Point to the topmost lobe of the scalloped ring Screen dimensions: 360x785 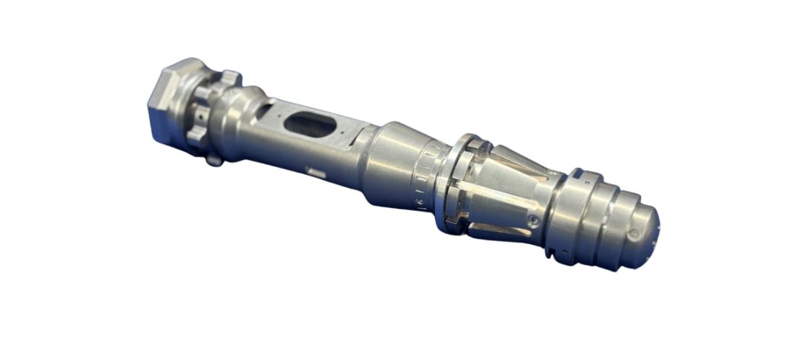click(229, 76)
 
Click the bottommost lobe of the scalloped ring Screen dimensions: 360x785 click(214, 158)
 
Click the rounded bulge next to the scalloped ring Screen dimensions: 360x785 click(241, 115)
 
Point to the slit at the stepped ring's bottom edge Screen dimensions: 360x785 click(551, 252)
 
